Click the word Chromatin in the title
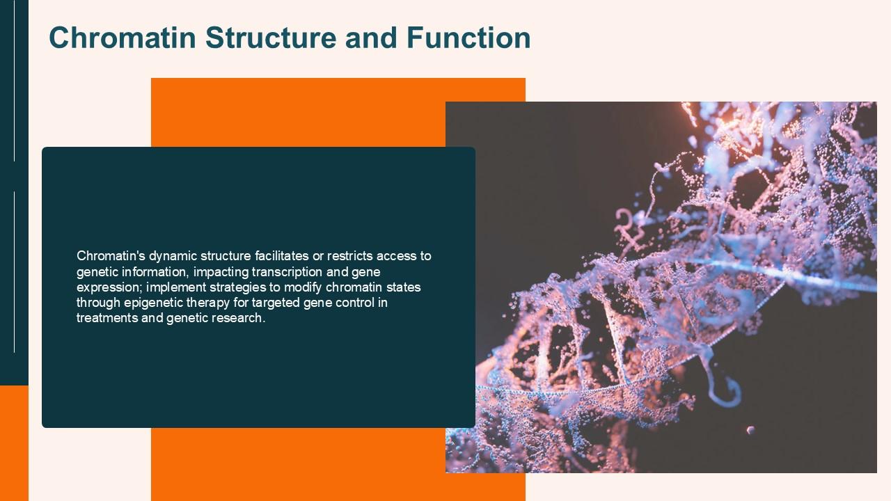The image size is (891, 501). [x=123, y=38]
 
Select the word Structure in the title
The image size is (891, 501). [x=271, y=38]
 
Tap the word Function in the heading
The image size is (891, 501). [x=468, y=38]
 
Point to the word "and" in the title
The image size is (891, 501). [x=372, y=38]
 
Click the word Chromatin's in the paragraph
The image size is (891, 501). [x=111, y=255]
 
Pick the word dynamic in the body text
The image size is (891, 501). [x=173, y=257]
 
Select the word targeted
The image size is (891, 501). [x=276, y=303]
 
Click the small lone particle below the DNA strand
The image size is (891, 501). [x=750, y=430]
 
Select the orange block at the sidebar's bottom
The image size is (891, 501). [x=14, y=443]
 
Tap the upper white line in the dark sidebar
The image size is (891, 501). [x=15, y=81]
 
